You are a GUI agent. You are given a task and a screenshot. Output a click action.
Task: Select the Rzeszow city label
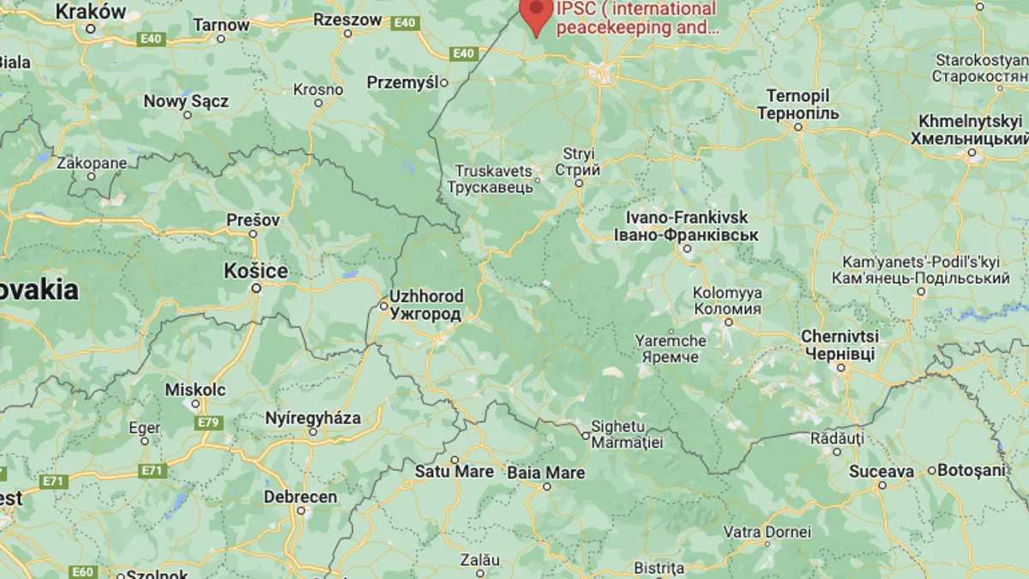347,19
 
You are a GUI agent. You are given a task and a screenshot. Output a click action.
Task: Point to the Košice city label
256,271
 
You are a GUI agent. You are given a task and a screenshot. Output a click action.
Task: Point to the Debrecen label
300,497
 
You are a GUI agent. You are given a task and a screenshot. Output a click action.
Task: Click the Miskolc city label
196,390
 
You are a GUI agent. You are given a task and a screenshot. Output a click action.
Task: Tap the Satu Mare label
454,472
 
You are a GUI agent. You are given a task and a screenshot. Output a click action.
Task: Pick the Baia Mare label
546,473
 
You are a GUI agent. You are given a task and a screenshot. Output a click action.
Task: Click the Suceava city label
882,471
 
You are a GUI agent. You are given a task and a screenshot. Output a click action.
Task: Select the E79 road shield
208,423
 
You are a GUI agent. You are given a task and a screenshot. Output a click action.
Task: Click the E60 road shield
82,572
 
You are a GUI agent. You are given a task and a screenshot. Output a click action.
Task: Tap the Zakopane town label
92,163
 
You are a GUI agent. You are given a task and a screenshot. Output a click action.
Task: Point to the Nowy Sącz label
186,101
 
